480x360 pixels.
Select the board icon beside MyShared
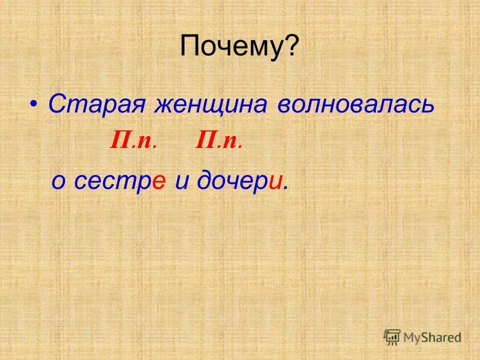click(392, 337)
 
